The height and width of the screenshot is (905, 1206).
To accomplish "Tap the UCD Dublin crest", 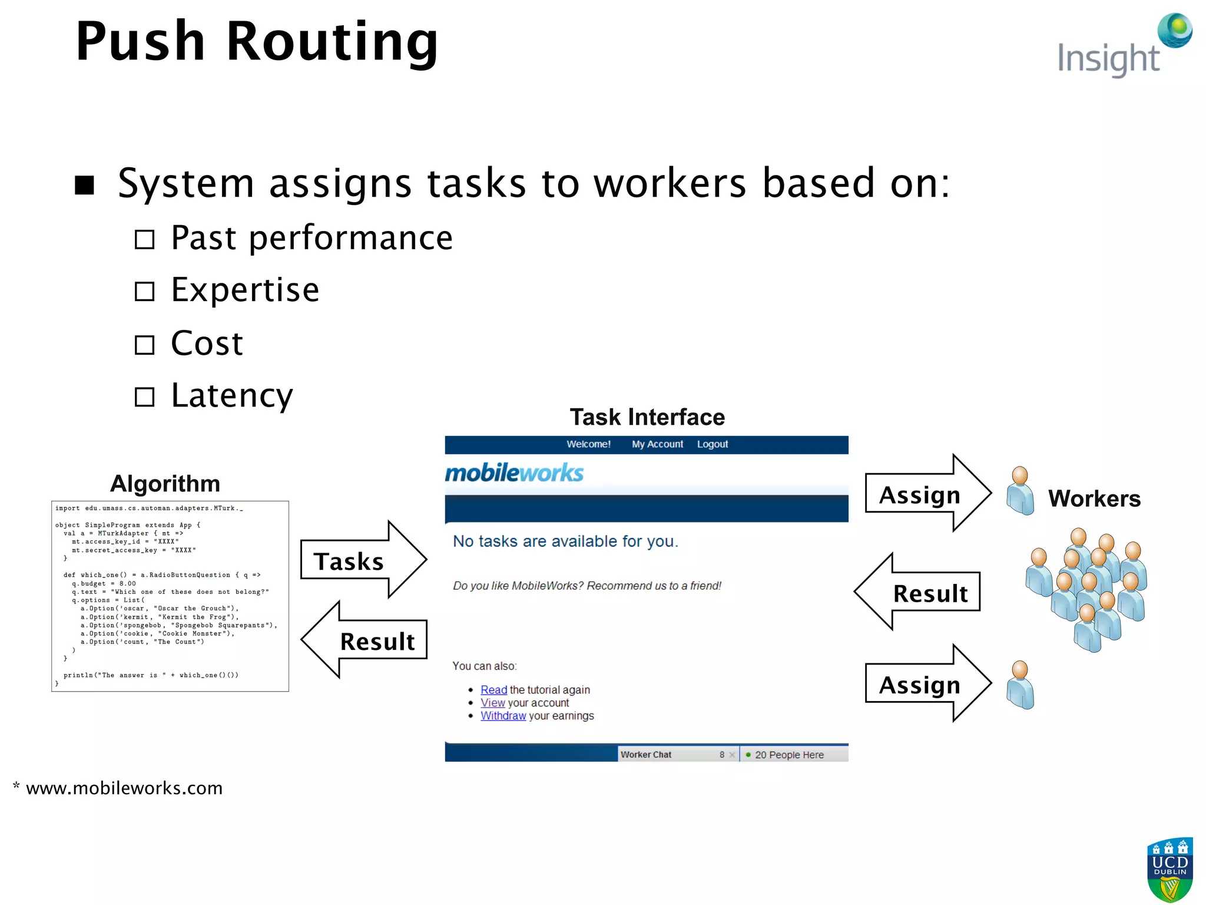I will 1169,869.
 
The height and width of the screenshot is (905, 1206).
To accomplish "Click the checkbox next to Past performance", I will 144,240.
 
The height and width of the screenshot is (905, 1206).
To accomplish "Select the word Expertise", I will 245,290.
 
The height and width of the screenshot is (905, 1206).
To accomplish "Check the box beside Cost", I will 144,345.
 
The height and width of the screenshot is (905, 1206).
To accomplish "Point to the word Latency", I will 231,395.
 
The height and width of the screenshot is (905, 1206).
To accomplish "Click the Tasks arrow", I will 362,560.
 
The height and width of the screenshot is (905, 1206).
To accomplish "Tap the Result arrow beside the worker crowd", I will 919,592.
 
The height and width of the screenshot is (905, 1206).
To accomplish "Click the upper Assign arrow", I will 927,494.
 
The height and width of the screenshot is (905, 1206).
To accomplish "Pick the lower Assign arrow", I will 927,684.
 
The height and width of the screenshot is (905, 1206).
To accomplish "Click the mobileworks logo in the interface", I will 513,473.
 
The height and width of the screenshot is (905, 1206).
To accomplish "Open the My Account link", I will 657,444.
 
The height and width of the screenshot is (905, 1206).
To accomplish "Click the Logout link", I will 712,444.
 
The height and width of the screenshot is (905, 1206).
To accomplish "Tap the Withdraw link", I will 503,716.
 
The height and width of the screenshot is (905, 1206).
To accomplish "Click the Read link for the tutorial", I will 493,690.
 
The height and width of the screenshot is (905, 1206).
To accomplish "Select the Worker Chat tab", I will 646,755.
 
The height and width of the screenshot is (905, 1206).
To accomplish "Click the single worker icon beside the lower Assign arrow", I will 1021,685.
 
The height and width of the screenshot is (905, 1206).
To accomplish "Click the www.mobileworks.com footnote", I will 124,788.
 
